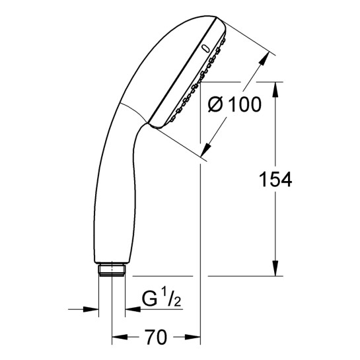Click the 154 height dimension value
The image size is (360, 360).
[x=275, y=180]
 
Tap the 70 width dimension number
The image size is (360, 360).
[x=156, y=337]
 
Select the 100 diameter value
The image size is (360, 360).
[x=246, y=104]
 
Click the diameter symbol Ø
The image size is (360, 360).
[x=215, y=104]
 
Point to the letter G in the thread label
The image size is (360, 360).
[x=149, y=299]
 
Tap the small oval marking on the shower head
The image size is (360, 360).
[x=205, y=49]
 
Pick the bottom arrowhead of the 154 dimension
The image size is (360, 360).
[x=275, y=268]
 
